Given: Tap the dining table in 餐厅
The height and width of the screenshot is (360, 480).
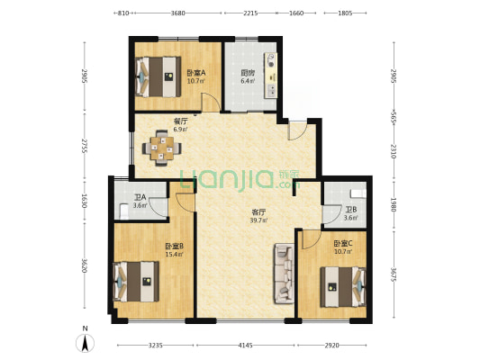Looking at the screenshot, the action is (x=161, y=148).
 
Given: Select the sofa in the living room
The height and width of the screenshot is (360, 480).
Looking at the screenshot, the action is (x=285, y=273).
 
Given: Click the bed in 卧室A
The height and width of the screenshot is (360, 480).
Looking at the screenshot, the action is (x=158, y=76).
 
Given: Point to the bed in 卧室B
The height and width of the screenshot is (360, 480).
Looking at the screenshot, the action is (x=136, y=282).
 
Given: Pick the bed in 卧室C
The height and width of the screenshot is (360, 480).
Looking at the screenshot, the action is (x=343, y=287).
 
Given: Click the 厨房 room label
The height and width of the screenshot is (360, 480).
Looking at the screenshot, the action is (x=248, y=73).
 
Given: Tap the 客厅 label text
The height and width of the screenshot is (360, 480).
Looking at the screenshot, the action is (x=258, y=212).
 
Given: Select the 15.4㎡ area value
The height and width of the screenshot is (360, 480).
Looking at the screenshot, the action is (x=174, y=254).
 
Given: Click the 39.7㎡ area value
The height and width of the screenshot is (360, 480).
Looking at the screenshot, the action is (x=259, y=220).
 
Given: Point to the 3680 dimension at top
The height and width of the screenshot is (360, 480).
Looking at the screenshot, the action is (x=177, y=13).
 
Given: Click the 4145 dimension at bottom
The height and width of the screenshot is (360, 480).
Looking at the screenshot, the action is (x=246, y=346).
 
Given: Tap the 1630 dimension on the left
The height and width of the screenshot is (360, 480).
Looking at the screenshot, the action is (x=84, y=201).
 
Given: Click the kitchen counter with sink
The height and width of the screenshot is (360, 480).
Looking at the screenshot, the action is (x=270, y=76).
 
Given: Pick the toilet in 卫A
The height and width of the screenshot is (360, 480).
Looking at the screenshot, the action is (x=124, y=211).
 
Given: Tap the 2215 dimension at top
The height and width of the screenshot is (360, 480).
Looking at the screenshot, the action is (x=250, y=13).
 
